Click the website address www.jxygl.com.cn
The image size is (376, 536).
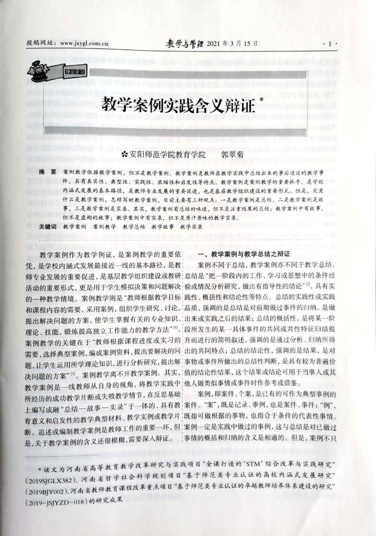coord(84,43)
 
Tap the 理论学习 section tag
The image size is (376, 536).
coord(75,72)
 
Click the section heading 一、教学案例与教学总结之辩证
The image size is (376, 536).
coord(244,254)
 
